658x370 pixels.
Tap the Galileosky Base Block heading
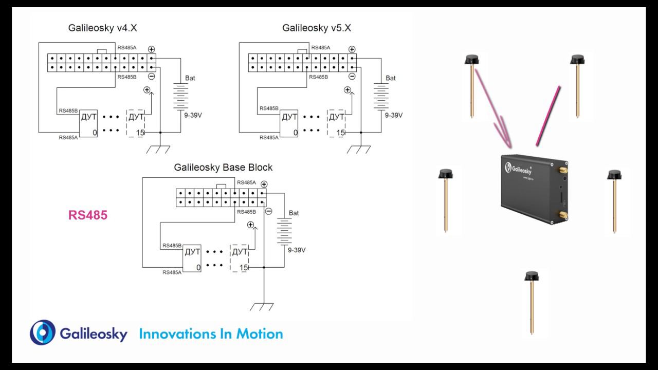(223, 168)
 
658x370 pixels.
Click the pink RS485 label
(88, 215)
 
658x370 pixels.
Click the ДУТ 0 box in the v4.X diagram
(88, 124)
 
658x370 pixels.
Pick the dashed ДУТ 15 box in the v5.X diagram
(336, 123)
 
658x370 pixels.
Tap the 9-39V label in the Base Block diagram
(297, 250)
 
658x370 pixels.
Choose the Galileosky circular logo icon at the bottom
(43, 332)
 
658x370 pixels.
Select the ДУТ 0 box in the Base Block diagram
(192, 258)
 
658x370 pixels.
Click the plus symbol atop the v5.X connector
(352, 49)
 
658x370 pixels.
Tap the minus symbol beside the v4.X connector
(152, 77)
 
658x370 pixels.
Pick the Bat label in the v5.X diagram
(391, 78)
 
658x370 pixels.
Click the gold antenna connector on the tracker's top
(563, 169)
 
